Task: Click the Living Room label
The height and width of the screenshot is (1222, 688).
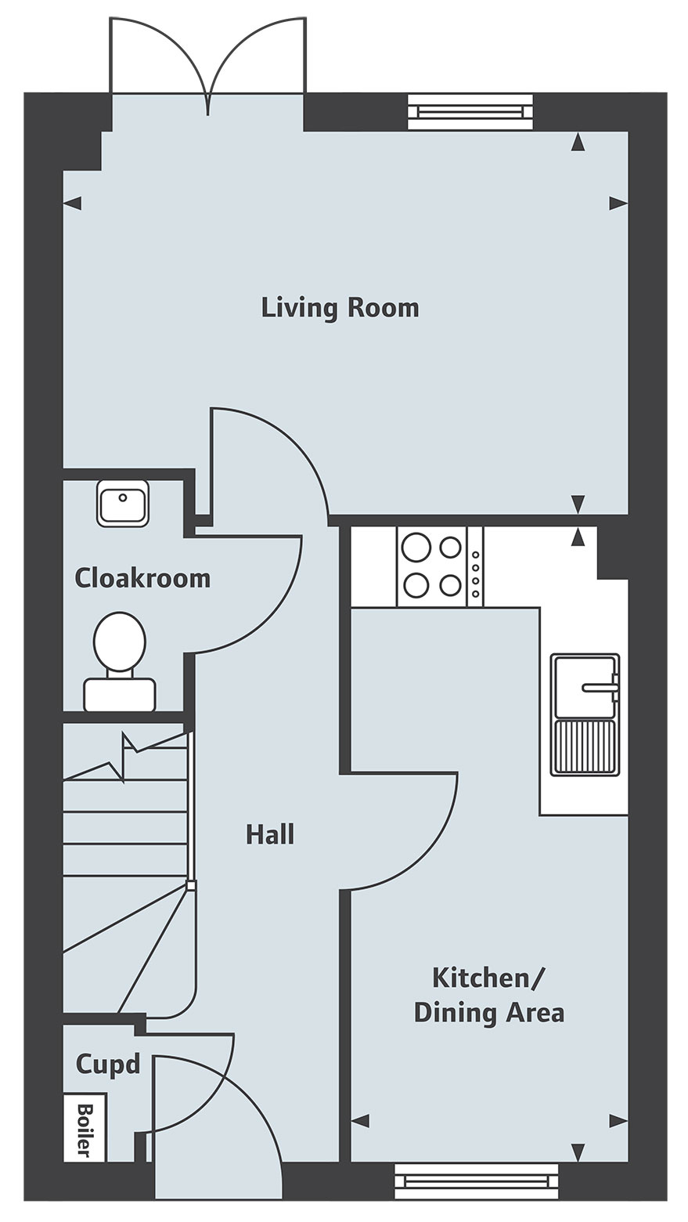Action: pos(340,308)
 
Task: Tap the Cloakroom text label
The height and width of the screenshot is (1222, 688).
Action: pos(142,578)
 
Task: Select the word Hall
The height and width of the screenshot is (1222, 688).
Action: pos(270,835)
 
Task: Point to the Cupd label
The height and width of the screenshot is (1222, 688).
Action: pos(108,1065)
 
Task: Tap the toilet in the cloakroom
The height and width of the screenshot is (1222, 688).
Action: pos(120,661)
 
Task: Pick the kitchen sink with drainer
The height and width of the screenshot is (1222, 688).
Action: pos(585,714)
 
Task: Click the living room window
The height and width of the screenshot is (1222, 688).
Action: pos(470,111)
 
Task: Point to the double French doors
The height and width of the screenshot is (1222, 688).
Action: pos(207,57)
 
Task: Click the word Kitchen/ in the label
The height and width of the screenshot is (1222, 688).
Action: pos(486,978)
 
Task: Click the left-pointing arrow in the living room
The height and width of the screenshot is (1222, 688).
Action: pos(73,204)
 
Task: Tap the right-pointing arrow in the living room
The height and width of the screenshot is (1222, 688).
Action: pos(619,204)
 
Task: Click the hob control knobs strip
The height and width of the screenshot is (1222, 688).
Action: pos(475,566)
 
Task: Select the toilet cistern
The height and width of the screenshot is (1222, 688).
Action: pos(120,695)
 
